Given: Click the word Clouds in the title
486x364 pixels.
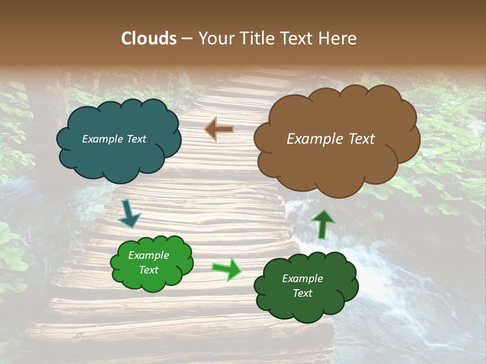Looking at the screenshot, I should tap(148, 38).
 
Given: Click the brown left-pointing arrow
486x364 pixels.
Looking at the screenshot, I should tap(219, 129).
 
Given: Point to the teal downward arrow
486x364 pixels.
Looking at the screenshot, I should tap(129, 214).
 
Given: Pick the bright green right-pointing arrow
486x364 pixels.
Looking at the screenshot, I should tap(227, 269).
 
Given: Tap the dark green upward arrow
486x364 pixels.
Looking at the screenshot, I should tap(322, 224).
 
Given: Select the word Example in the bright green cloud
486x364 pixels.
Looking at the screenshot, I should tap(148, 255).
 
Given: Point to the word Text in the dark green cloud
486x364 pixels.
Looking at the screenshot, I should tap(302, 293).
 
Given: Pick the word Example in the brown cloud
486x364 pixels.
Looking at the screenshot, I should tap(314, 139).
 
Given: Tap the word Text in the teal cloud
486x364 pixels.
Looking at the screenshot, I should tap(136, 139).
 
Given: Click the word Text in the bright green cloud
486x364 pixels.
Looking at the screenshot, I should tap(148, 270).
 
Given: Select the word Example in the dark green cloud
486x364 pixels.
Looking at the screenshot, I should tap(302, 279).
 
